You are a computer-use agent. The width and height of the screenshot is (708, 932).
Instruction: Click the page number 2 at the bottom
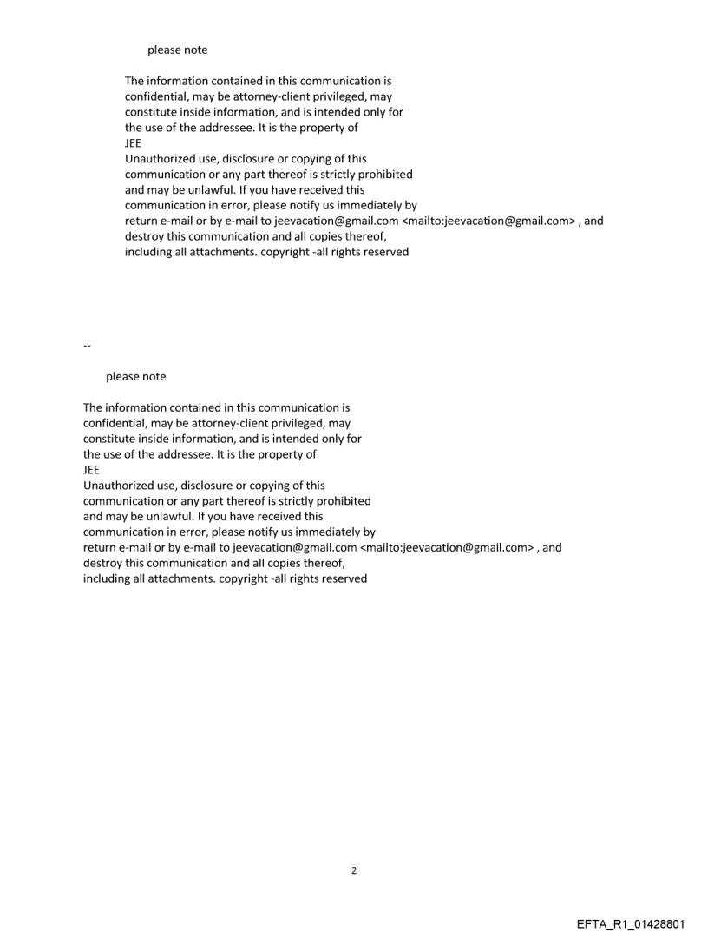[x=353, y=870]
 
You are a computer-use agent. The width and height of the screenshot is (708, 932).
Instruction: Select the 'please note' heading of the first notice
[x=177, y=50]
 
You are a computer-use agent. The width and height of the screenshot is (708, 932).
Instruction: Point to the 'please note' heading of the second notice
[x=135, y=377]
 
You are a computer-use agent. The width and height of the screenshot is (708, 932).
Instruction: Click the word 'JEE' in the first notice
[x=134, y=143]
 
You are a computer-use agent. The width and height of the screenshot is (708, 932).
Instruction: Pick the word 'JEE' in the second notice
[x=91, y=470]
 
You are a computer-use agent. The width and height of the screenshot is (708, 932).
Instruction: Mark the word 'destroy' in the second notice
[x=102, y=564]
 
